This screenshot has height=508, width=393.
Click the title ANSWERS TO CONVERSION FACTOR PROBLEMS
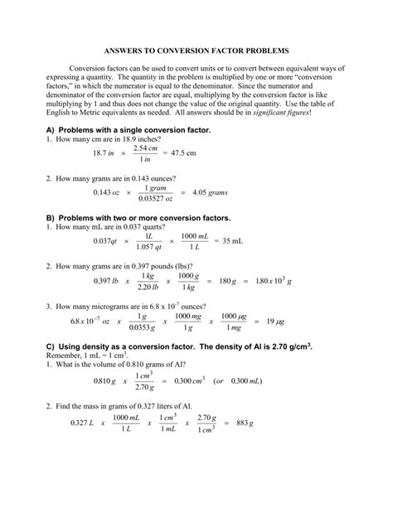tap(196, 51)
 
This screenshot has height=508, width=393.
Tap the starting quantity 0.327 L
tap(77, 447)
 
